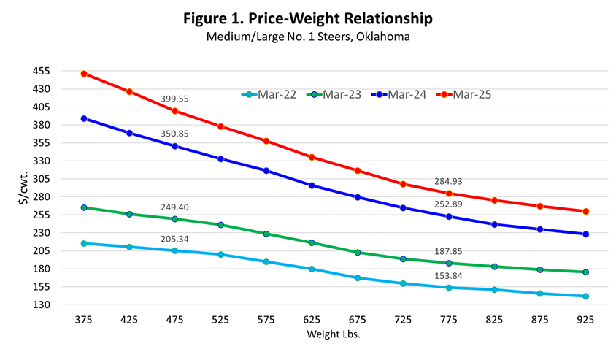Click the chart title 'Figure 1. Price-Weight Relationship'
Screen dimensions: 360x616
307,18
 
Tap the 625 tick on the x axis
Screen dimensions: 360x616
312,319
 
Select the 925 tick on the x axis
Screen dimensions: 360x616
585,319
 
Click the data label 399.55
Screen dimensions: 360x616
175,98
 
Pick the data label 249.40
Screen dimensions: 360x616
175,207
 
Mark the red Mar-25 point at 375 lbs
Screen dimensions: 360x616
84,74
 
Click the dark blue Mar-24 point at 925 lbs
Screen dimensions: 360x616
585,234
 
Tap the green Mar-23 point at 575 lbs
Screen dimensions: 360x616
266,234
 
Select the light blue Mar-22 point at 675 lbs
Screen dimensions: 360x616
358,278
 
